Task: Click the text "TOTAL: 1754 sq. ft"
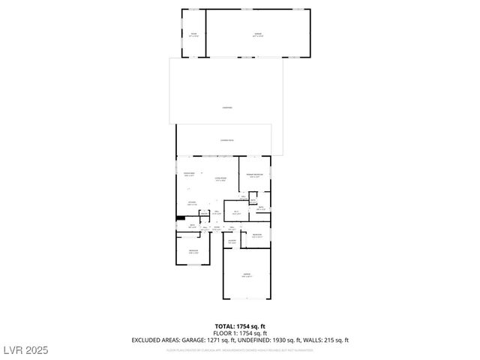(239, 326)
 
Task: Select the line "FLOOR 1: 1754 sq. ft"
(239, 333)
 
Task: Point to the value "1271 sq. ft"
(220, 340)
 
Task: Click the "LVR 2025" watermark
(24, 349)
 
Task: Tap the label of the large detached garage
(258, 34)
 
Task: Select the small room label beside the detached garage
(193, 34)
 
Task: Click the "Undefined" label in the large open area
(226, 107)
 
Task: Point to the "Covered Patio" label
(226, 140)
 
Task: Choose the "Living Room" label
(220, 178)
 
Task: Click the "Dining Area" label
(189, 174)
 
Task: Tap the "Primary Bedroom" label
(255, 175)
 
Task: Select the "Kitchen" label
(192, 202)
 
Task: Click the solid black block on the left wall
(181, 219)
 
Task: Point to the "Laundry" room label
(232, 241)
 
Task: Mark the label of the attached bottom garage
(247, 275)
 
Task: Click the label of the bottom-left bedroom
(193, 251)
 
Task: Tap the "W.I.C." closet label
(235, 212)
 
